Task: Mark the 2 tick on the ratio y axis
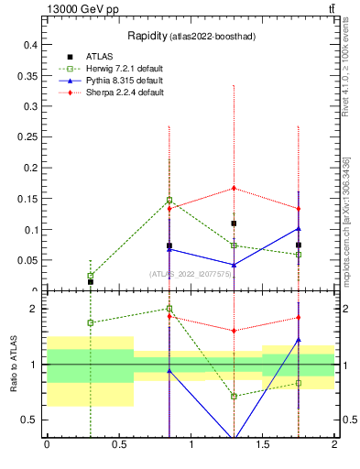coord(38,309)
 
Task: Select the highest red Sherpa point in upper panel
coord(235,188)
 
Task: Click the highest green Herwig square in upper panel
coord(169,200)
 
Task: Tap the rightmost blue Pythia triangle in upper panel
coord(299,228)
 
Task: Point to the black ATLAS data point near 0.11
coord(235,224)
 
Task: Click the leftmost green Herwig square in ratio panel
coord(90,322)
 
